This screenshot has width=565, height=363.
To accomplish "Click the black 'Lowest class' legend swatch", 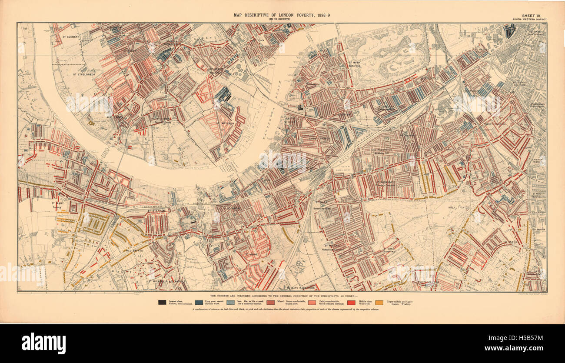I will (162, 302).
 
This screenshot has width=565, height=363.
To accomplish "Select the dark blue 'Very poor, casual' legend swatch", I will (199, 302).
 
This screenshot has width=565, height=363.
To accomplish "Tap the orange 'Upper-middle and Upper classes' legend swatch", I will (379, 302).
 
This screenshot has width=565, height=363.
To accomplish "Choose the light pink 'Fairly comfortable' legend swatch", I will (306, 302).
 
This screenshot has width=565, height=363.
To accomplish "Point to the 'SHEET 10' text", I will (534, 15).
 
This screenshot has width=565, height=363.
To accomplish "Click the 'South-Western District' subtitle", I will (529, 20).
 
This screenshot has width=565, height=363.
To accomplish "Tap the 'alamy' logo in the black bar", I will (43, 343).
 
